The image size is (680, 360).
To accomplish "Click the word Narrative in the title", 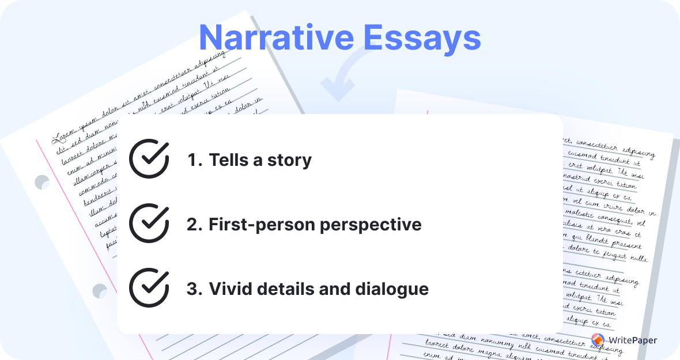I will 276,38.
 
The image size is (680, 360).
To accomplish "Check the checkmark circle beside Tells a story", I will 149,159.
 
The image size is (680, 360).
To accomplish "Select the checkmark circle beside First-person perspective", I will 149,223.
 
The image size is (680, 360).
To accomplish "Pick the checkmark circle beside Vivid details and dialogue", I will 149,288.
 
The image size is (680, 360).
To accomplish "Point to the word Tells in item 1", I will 228,160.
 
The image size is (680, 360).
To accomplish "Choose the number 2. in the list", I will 195,224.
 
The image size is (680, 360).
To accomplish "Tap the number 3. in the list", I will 195,289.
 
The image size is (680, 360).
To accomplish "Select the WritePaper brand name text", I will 633,340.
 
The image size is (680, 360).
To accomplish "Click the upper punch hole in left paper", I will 43,182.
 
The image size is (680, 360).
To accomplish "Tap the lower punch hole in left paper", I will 99,290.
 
